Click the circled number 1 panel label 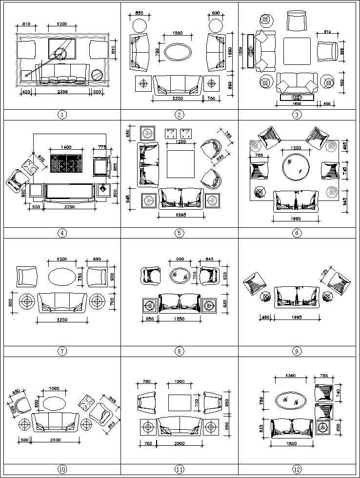[62, 115]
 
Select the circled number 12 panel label [297, 469]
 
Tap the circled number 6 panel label [297, 233]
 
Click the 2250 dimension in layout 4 [68, 206]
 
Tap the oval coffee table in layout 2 [179, 53]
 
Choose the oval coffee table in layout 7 [61, 276]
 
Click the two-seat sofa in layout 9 [294, 297]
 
